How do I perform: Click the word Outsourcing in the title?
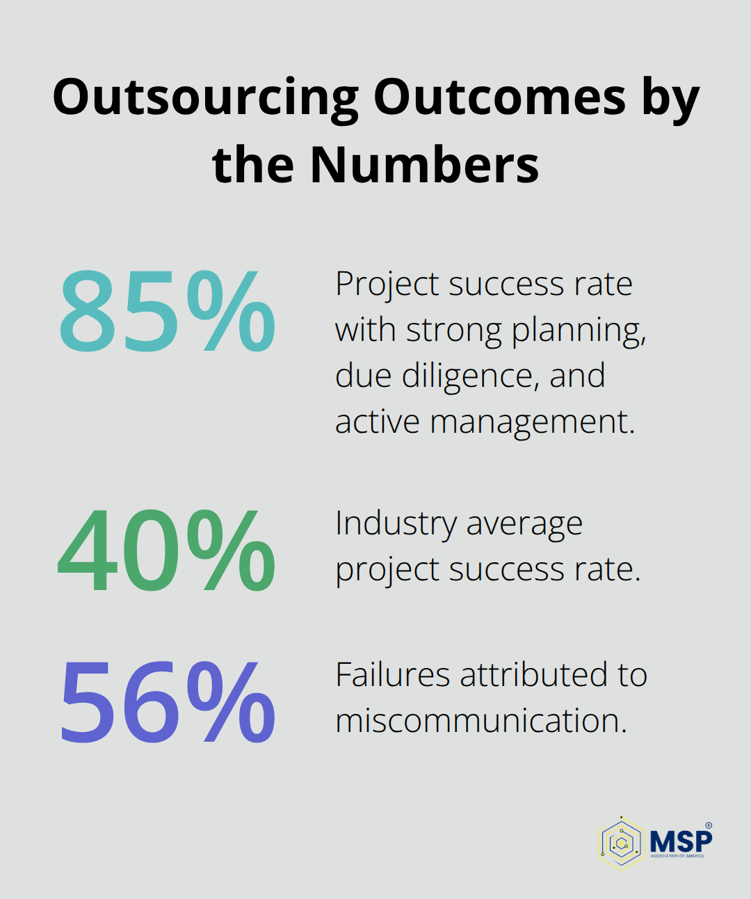pyautogui.click(x=205, y=98)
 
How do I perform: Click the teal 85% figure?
pyautogui.click(x=167, y=312)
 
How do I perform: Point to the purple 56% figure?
pyautogui.click(x=167, y=702)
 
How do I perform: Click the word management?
pyautogui.click(x=532, y=422)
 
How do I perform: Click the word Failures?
pyautogui.click(x=392, y=675)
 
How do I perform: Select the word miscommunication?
pyautogui.click(x=481, y=721)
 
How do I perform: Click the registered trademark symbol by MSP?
pyautogui.click(x=709, y=825)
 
